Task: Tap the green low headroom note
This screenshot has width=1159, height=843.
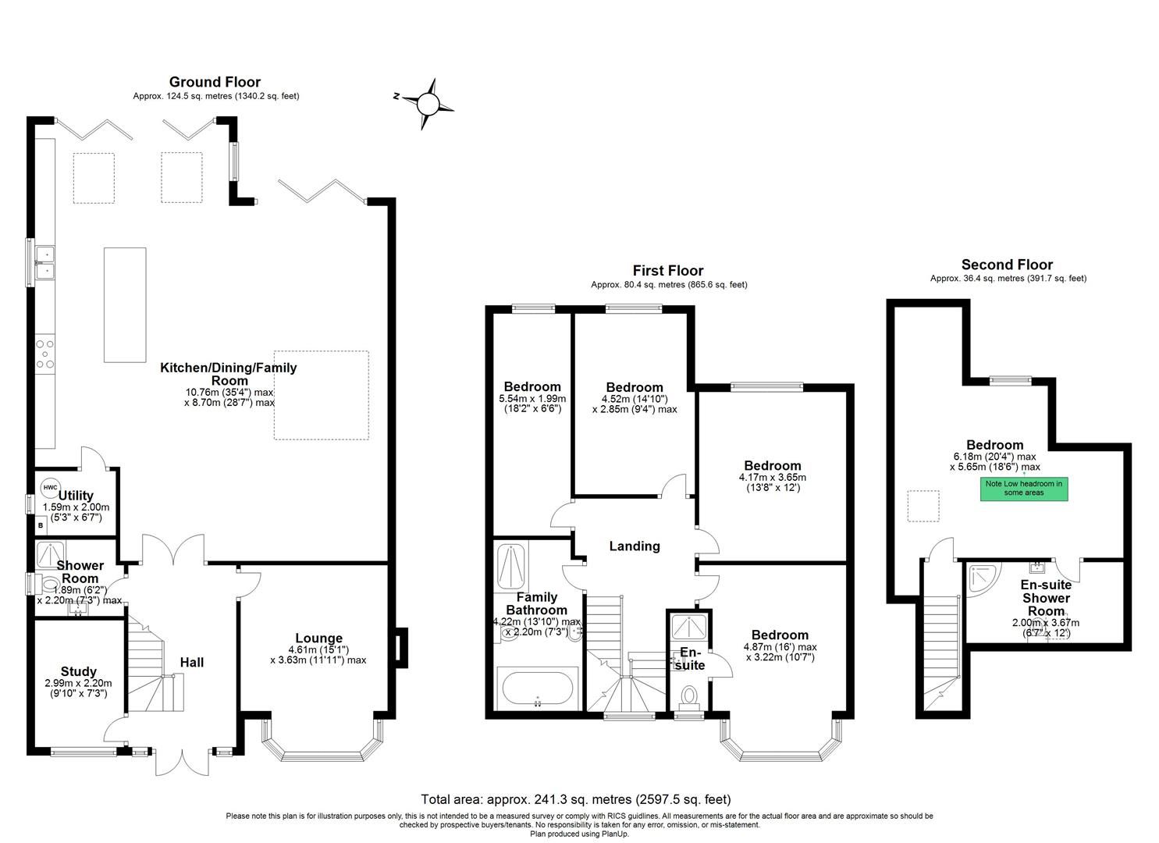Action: pos(1023,489)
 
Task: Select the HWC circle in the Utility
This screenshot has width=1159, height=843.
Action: pos(51,488)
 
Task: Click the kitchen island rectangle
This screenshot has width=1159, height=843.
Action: pos(125,304)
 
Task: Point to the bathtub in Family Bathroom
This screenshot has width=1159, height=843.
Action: pos(537,689)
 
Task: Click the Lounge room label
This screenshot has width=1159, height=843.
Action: pos(318,638)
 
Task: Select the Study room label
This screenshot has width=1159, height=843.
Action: pos(78,671)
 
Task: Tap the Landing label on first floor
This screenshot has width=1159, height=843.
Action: pos(634,546)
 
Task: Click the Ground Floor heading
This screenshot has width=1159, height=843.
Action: pos(215,82)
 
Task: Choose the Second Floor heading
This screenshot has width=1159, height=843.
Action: pos(1007,265)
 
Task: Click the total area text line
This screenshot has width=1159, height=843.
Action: pos(576,799)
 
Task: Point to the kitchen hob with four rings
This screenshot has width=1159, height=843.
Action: pos(45,353)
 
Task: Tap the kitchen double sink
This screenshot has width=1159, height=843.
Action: pos(44,262)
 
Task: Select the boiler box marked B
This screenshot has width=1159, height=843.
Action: pos(41,526)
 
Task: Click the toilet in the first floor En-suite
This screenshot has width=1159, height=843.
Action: pos(689,695)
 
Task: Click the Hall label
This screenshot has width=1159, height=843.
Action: pos(192,662)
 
